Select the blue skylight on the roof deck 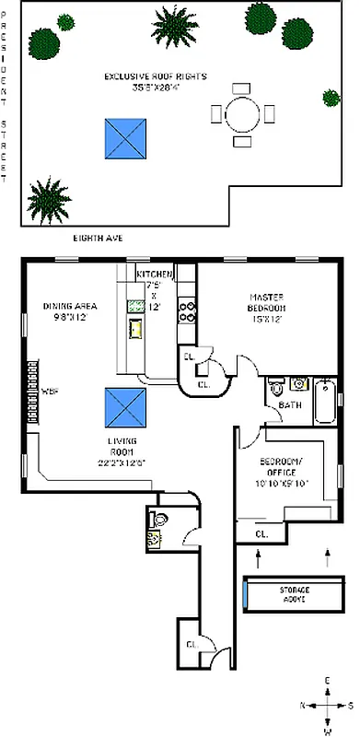pyautogui.click(x=126, y=137)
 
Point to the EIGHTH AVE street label pyautogui.click(x=99, y=238)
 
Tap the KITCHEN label pyautogui.click(x=154, y=275)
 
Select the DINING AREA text pyautogui.click(x=68, y=306)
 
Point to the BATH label pyautogui.click(x=291, y=405)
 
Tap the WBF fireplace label pyautogui.click(x=50, y=391)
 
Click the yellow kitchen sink pyautogui.click(x=135, y=329)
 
